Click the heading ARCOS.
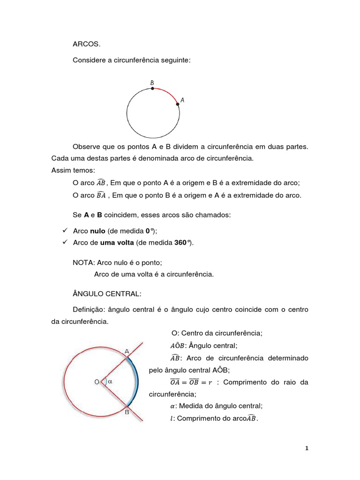[87, 45]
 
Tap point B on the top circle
[152, 88]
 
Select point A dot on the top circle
[178, 105]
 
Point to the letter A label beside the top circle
[182, 100]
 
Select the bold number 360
[180, 242]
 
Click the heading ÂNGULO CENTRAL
[107, 293]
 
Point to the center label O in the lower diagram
[97, 382]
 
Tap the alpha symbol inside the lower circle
[110, 382]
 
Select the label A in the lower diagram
[127, 351]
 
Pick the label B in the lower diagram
[127, 412]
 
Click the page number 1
[307, 449]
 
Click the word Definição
[89, 310]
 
